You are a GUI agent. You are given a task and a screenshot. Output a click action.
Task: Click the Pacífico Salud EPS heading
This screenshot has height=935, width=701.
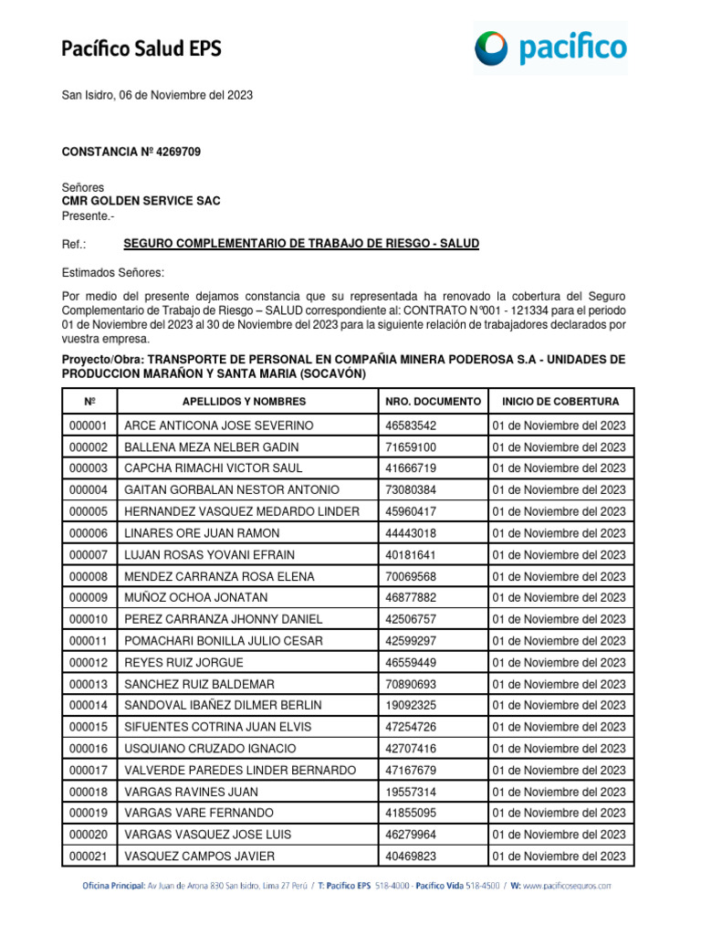click(141, 48)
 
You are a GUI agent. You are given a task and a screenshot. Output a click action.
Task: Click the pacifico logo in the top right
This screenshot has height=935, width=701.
click(550, 47)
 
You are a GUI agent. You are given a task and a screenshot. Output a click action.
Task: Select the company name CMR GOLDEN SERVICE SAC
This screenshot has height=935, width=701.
click(141, 201)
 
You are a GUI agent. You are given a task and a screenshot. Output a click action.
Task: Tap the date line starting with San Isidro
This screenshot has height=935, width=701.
click(157, 95)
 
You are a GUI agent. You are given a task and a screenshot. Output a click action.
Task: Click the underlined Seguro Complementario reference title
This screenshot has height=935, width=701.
click(301, 244)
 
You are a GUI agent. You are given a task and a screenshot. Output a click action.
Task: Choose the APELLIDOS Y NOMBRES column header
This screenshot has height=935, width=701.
click(244, 402)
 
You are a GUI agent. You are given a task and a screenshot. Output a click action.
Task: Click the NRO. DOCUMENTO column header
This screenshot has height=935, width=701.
click(433, 402)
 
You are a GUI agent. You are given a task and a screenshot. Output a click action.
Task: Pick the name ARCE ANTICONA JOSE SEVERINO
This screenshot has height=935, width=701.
click(218, 425)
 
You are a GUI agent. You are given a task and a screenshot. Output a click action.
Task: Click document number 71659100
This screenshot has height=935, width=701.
click(411, 447)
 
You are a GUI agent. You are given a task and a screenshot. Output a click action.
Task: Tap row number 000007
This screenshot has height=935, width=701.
click(88, 555)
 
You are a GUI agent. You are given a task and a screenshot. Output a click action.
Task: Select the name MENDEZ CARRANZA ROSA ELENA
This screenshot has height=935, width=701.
click(219, 576)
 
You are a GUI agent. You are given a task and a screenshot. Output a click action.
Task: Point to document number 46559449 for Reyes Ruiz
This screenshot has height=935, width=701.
click(411, 663)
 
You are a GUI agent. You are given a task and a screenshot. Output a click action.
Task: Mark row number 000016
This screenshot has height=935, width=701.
click(88, 749)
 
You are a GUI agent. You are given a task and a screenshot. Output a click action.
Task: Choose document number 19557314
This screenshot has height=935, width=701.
click(411, 792)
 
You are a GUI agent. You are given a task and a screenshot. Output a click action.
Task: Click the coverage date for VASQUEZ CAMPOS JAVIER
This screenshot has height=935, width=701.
click(559, 856)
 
